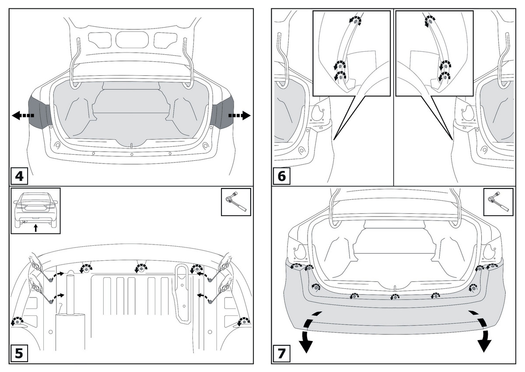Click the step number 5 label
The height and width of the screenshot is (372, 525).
point(19,354)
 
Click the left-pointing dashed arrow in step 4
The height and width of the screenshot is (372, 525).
point(22,116)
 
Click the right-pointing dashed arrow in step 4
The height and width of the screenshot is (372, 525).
point(239,116)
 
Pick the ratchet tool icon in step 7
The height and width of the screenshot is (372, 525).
point(498,202)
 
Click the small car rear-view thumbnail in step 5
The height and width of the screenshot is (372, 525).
point(35,210)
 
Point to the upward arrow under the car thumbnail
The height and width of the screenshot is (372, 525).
point(36,227)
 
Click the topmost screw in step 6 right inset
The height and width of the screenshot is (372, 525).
point(430,20)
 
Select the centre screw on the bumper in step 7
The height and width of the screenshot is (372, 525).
point(394,298)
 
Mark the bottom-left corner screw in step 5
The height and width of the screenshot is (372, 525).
point(17,322)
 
